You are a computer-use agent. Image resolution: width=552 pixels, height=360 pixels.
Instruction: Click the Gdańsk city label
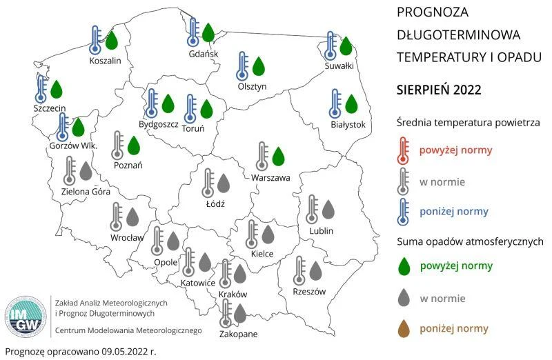coord(203,54)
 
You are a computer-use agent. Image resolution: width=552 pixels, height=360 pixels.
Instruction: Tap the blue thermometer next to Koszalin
coord(97,39)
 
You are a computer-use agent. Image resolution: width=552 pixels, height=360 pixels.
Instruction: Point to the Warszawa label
coord(270,178)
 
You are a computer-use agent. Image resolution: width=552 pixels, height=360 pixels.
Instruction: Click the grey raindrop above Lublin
coord(328,209)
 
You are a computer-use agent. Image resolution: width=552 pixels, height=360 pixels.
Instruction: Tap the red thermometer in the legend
coord(404,150)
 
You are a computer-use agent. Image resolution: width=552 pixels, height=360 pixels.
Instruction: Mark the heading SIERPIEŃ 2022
coord(439,90)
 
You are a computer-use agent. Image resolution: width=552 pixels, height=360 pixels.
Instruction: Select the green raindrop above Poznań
coord(134,145)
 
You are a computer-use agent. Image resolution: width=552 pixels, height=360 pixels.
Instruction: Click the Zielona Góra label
coord(86,192)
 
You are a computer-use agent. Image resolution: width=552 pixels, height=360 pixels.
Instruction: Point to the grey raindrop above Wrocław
coord(132,217)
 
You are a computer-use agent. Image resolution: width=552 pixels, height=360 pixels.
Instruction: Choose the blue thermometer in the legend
coord(404,211)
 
